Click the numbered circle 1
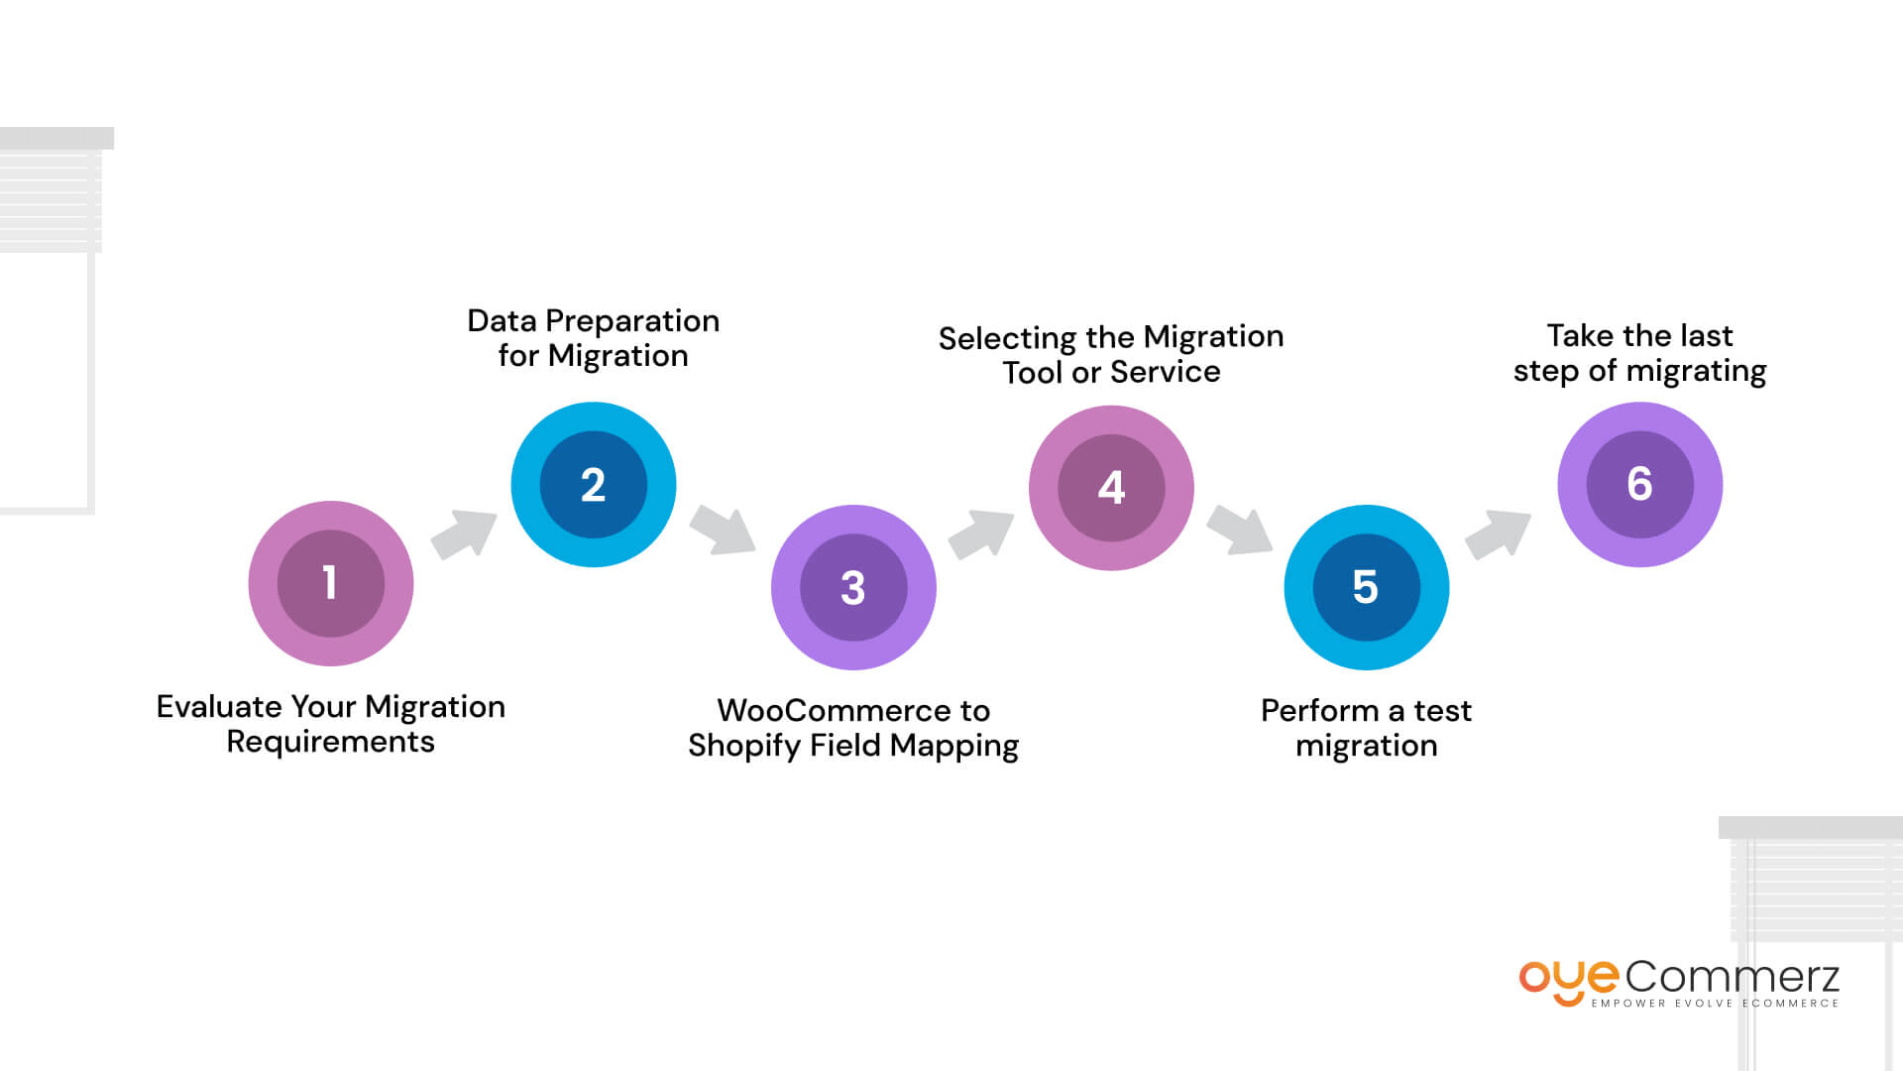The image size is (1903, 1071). (330, 583)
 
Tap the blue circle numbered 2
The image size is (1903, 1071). (593, 485)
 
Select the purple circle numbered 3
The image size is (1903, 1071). (853, 587)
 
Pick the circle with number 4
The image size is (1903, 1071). (1111, 487)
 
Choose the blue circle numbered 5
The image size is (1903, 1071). (1366, 587)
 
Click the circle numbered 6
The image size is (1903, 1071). (1639, 484)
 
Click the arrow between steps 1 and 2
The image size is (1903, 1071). (464, 535)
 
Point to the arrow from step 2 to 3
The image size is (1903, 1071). (723, 530)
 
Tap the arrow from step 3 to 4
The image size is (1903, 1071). (981, 534)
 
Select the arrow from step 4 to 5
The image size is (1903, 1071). (1239, 530)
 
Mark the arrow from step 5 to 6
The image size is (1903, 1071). (1498, 534)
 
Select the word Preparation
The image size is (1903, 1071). (632, 320)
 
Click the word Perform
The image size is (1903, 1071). (1319, 710)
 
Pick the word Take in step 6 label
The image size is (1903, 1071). (1580, 335)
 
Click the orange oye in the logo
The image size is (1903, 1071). (1568, 980)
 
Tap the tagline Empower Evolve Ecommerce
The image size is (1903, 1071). (1715, 1004)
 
